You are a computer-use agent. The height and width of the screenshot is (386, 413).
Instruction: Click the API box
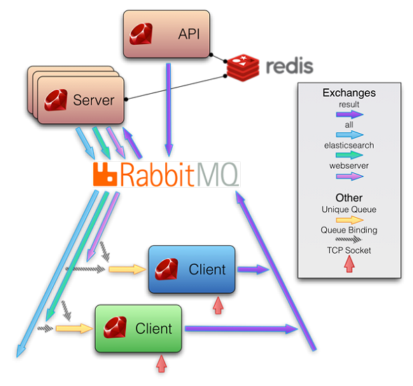[x=167, y=34]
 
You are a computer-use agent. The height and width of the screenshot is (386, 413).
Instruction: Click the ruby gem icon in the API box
[x=141, y=34]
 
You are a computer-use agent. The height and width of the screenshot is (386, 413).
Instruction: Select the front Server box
[x=81, y=100]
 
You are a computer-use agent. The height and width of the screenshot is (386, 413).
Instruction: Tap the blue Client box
[x=192, y=269]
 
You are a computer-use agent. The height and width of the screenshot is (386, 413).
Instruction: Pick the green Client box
[x=139, y=329]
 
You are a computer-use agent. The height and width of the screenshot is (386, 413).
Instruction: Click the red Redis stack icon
[x=243, y=68]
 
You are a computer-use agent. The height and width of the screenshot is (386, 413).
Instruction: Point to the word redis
[x=290, y=66]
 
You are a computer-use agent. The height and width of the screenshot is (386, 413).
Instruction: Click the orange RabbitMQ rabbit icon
[x=105, y=174]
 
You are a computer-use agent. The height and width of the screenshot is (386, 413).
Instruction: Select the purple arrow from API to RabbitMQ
[x=169, y=110]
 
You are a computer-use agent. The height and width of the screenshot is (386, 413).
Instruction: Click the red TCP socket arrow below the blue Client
[x=218, y=305]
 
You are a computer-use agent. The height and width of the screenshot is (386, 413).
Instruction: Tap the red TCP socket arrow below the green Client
[x=162, y=364]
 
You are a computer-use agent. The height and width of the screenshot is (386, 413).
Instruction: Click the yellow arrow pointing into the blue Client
[x=127, y=269]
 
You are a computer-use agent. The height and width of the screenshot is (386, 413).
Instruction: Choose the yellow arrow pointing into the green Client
[x=74, y=329]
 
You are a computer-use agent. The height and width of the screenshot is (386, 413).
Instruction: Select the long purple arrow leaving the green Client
[x=241, y=329]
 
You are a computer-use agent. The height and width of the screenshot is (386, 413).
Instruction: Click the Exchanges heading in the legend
[x=349, y=92]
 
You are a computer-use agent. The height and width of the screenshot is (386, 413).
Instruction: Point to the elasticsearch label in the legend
[x=349, y=145]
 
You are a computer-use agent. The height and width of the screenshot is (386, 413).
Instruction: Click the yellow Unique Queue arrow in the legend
[x=350, y=220]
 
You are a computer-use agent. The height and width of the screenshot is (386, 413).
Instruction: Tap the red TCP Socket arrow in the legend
[x=349, y=264]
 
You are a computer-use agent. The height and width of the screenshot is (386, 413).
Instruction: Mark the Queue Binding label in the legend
[x=349, y=230]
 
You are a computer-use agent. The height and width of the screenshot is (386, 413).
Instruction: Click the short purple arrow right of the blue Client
[x=253, y=269]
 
